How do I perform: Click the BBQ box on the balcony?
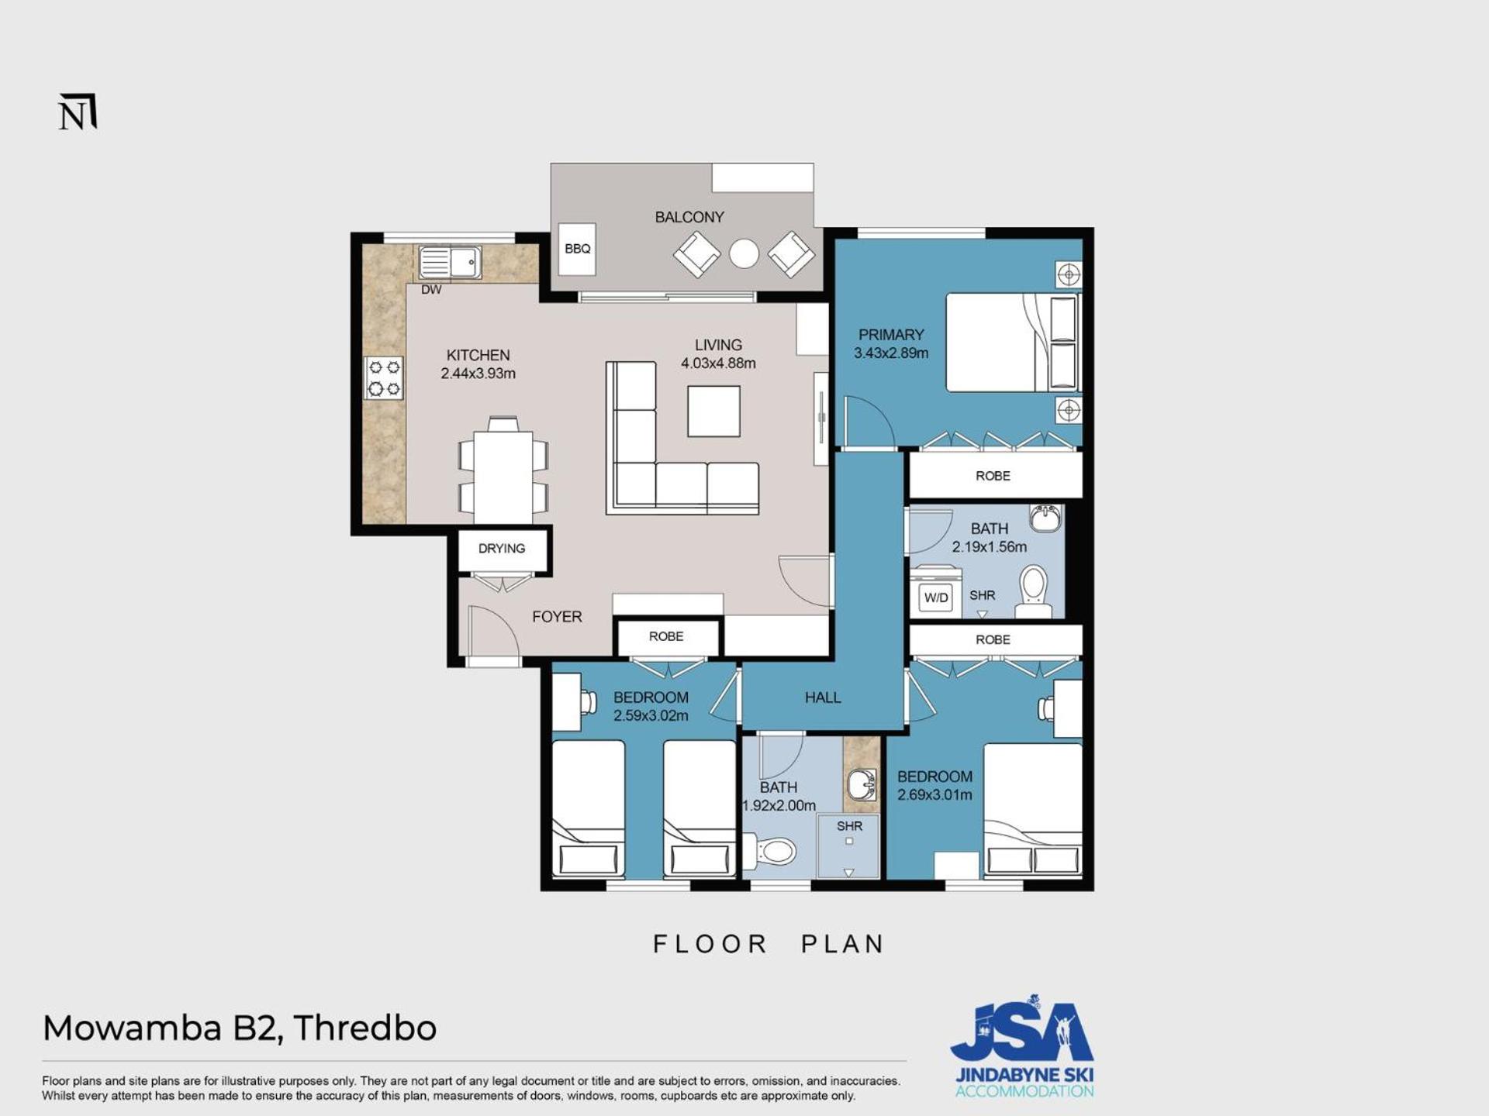point(577,249)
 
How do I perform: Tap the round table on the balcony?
point(744,253)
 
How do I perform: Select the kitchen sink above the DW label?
point(450,262)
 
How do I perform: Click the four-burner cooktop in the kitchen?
point(384,378)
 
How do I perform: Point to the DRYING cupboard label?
point(502,549)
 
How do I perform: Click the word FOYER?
point(557,617)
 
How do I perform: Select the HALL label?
point(823,697)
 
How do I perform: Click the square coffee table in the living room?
point(713,412)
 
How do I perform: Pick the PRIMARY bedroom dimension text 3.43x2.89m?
point(891,353)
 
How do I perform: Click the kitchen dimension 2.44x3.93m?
point(478,373)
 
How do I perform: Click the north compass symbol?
point(78,112)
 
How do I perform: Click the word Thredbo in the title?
point(365,1028)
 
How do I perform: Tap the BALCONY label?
point(689,217)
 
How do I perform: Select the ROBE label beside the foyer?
point(666,636)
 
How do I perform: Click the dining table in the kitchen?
point(503,474)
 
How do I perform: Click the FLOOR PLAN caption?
point(769,944)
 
